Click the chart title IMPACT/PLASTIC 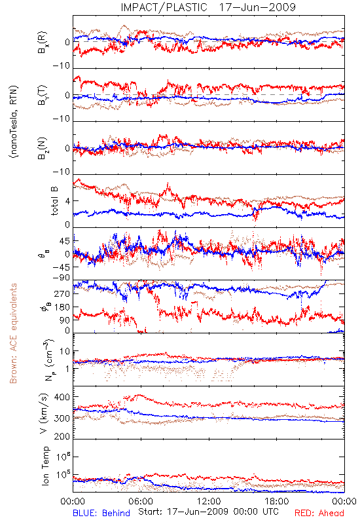(x=164, y=7)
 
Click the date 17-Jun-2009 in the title (x=257, y=7)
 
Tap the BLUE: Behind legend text (x=101, y=513)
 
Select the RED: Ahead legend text (x=319, y=513)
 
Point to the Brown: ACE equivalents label (x=13, y=333)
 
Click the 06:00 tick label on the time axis (x=141, y=501)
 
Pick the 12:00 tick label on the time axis (x=209, y=501)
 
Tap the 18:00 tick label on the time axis (x=277, y=501)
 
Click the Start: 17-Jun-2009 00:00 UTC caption (x=208, y=512)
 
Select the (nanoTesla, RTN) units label (x=14, y=121)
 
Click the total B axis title (x=54, y=201)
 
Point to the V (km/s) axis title (x=44, y=413)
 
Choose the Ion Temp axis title (x=45, y=466)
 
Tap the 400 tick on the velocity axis (x=62, y=397)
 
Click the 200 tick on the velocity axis (x=62, y=436)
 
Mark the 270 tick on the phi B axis (x=62, y=293)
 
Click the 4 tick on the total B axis (x=67, y=201)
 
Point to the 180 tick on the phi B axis (x=62, y=307)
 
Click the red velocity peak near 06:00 (x=139, y=395)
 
